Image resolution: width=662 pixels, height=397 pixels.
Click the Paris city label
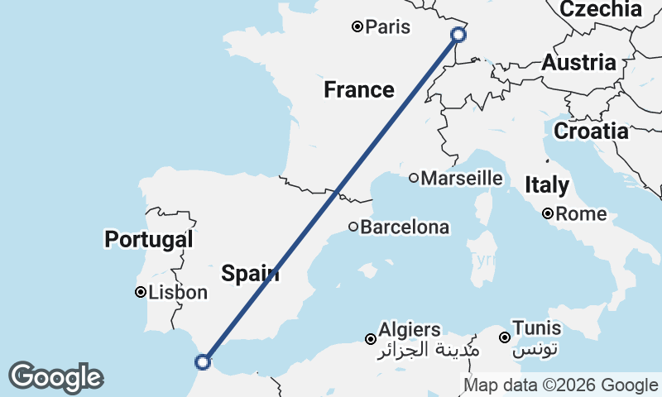388,27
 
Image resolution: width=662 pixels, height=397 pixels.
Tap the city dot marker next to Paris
357,26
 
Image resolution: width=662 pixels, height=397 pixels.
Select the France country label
358,89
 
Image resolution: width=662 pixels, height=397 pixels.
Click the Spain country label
250,274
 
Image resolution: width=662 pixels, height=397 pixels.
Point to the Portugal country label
149,240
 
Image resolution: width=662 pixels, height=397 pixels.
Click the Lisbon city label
178,292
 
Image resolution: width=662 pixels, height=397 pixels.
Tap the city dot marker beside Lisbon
142,292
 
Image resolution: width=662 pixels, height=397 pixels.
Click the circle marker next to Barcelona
353,227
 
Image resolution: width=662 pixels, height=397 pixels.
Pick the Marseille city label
462,178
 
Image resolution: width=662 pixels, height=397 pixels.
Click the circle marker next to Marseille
414,178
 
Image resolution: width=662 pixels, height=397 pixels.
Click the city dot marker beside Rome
548,214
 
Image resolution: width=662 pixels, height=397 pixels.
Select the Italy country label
547,185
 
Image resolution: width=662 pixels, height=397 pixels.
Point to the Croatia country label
591,131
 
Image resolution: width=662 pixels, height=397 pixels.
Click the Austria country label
579,63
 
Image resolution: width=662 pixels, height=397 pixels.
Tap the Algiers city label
409,330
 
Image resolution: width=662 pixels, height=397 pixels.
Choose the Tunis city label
536,328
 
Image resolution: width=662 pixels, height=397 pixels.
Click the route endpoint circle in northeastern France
458,34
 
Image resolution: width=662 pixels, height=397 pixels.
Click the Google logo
55,377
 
